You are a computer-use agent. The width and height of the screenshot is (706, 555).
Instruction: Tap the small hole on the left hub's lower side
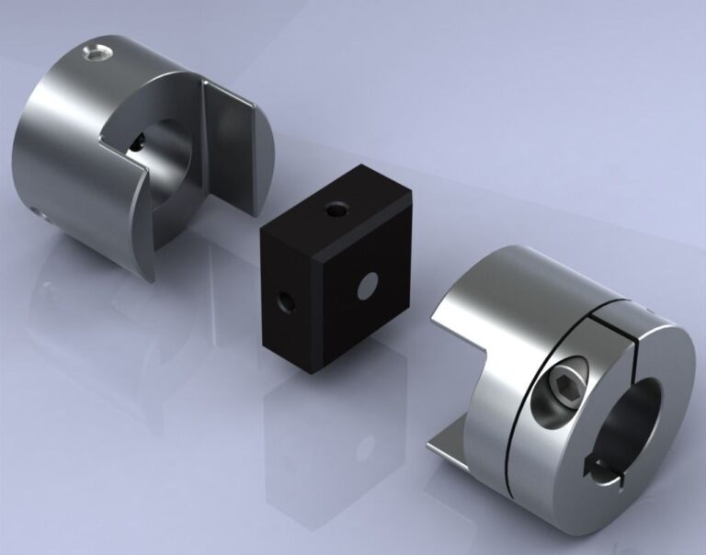[40, 215]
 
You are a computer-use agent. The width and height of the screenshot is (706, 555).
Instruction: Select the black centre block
[331, 276]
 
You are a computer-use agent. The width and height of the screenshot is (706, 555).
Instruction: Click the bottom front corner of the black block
[305, 371]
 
